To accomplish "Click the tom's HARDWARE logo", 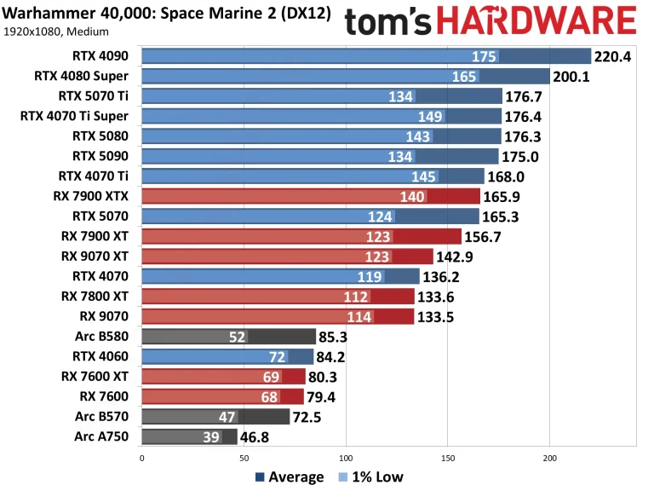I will click(x=490, y=20).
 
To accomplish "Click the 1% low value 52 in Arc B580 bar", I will click(x=237, y=337).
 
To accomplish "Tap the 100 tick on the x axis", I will click(x=346, y=457).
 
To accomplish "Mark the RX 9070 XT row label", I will click(x=95, y=256).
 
